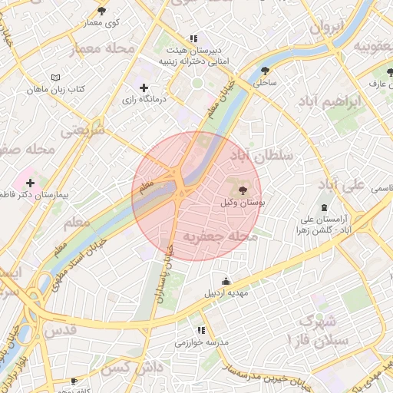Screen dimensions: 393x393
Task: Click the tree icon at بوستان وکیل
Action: click(243, 190)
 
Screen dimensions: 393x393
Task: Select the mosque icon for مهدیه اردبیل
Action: click(225, 281)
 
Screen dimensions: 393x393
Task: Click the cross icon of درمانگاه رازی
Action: click(144, 88)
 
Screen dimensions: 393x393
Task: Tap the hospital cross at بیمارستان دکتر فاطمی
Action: click(30, 183)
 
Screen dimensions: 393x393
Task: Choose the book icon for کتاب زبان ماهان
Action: click(54, 78)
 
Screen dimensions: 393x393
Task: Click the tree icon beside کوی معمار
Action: click(102, 11)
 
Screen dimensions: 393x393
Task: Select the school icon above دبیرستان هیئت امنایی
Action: click(193, 37)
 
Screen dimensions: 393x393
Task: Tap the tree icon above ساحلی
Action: click(265, 68)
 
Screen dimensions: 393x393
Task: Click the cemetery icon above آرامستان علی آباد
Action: click(323, 207)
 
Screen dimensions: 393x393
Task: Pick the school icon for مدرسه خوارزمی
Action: click(202, 330)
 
